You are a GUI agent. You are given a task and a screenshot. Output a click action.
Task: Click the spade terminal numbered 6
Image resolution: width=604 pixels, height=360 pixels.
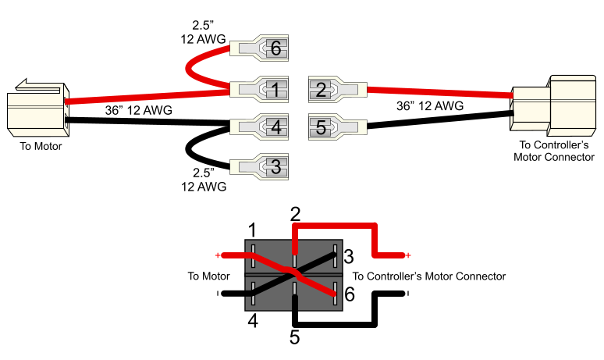(x=259, y=48)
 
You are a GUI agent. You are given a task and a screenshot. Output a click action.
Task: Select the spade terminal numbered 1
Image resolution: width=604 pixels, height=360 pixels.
(x=259, y=90)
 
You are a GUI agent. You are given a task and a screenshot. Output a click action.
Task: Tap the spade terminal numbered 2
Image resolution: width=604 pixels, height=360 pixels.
(x=337, y=90)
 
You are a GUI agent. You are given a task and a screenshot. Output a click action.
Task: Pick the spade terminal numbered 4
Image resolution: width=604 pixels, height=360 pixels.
(x=259, y=127)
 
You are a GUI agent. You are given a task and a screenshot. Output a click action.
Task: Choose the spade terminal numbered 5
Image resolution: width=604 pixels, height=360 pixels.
(x=337, y=127)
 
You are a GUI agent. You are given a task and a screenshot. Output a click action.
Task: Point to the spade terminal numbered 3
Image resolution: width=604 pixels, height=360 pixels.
(x=259, y=166)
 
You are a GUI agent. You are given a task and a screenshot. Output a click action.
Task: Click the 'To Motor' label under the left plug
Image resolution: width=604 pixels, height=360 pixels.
(x=41, y=146)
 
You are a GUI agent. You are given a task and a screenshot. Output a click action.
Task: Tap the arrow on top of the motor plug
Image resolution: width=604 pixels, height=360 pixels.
(x=37, y=86)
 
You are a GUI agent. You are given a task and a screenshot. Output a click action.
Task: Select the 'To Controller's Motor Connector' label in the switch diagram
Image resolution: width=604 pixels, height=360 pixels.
(x=429, y=276)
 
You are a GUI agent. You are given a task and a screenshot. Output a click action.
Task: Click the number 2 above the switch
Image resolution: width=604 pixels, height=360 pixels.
(x=295, y=214)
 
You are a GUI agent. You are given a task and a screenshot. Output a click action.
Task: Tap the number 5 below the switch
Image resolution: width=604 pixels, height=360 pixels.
(x=295, y=337)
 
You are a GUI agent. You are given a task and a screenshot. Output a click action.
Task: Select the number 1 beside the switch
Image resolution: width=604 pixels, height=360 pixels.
(x=252, y=230)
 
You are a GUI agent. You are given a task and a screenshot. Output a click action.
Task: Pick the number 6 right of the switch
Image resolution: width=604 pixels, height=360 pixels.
(x=350, y=294)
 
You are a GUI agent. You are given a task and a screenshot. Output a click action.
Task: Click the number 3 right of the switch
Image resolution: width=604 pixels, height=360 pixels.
(x=349, y=256)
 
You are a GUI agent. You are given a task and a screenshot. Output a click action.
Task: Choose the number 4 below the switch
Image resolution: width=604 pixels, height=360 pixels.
(x=253, y=320)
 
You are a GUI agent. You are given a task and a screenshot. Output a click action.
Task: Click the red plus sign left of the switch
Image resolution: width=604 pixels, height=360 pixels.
(x=218, y=255)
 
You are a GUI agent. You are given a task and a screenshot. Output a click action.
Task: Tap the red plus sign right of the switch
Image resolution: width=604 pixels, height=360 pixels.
(x=408, y=255)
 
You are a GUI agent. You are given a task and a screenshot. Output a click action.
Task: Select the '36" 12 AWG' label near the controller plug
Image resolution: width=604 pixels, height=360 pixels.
(x=430, y=105)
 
